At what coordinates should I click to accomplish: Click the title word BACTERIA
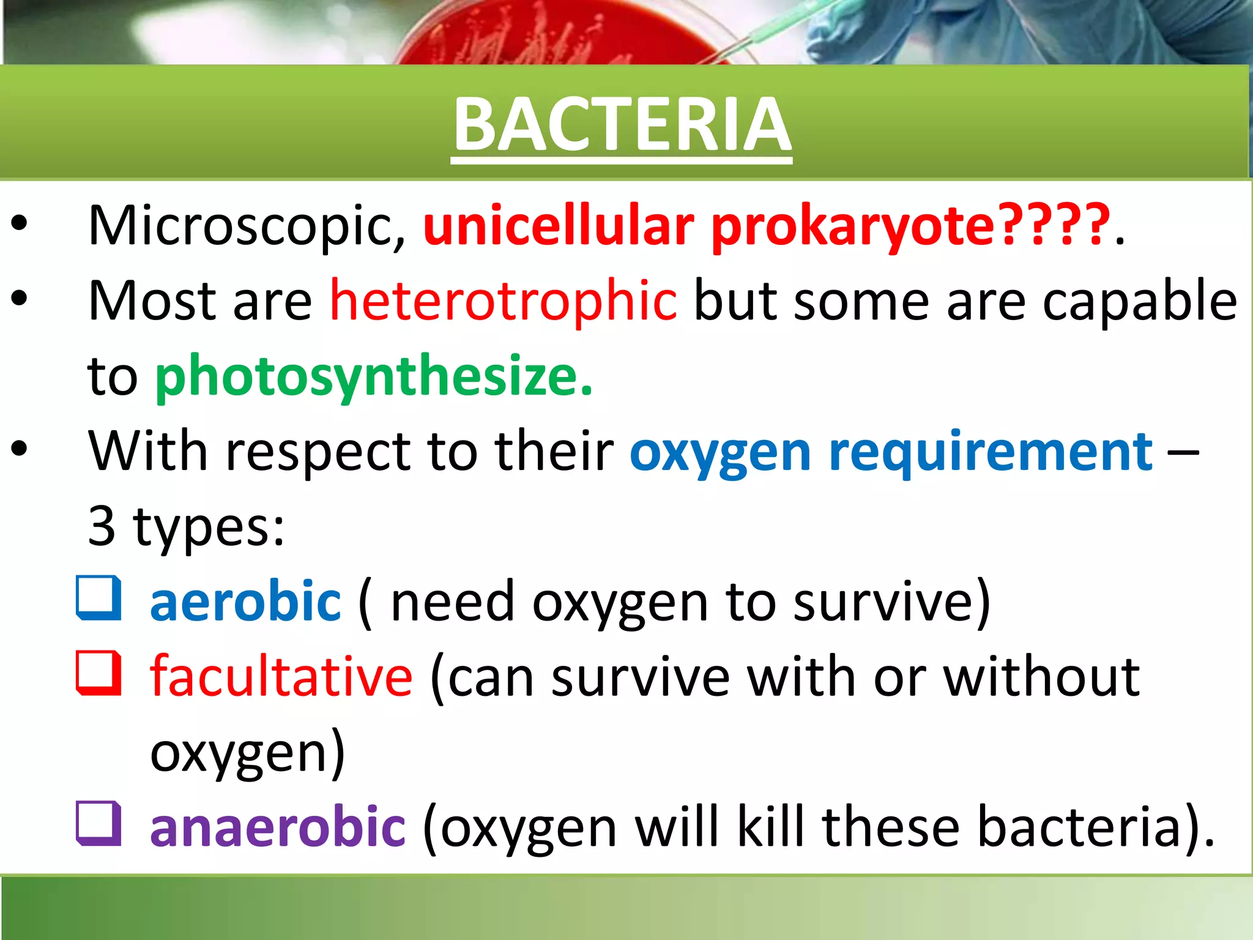click(x=622, y=125)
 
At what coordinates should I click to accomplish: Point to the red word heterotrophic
click(x=504, y=301)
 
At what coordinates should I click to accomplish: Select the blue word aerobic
click(x=245, y=602)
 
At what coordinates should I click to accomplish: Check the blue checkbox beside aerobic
click(x=98, y=599)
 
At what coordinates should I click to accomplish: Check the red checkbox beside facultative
click(x=98, y=673)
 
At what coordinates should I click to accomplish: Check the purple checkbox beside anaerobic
click(x=98, y=823)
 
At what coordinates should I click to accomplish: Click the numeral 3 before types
click(x=102, y=526)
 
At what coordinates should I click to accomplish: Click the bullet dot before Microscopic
click(x=19, y=224)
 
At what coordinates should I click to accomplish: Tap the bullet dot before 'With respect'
click(x=19, y=449)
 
